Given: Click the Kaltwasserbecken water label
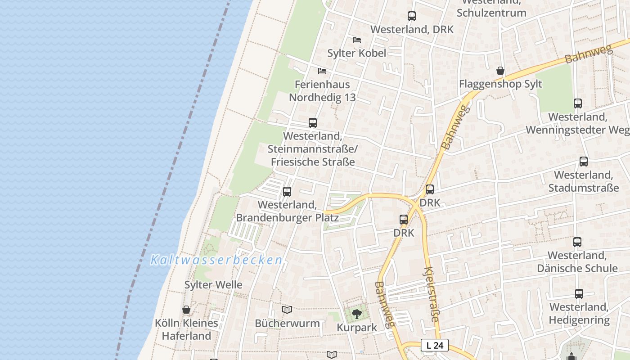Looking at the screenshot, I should pos(216,260).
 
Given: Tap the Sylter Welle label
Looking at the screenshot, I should pos(213,285).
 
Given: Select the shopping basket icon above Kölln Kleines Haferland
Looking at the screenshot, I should pos(186,310).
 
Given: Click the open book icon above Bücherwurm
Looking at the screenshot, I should pos(287,310).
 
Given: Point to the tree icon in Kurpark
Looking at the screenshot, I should pos(357,314).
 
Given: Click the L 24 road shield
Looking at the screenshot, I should pos(435,345).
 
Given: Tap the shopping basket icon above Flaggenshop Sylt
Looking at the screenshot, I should pos(500,71).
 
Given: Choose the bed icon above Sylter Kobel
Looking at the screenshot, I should pos(357,40).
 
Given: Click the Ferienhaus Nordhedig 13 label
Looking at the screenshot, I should pos(322,91).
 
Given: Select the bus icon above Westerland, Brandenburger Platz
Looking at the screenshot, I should pos(287,192).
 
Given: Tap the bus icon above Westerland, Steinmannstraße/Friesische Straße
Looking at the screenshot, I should pos(313,122).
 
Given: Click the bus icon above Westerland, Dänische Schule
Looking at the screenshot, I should pos(577,242).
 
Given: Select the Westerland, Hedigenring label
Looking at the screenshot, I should pos(579,314).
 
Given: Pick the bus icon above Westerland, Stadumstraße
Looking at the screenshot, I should pos(584,161).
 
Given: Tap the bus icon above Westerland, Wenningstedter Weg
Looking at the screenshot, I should pos(578,103).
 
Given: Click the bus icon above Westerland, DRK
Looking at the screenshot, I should pos(412,16).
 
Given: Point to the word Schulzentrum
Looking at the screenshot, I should pos(491,13).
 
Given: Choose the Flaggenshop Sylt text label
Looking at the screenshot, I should pos(500,84).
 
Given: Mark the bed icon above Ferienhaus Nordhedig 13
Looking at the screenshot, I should pos(322,71).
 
